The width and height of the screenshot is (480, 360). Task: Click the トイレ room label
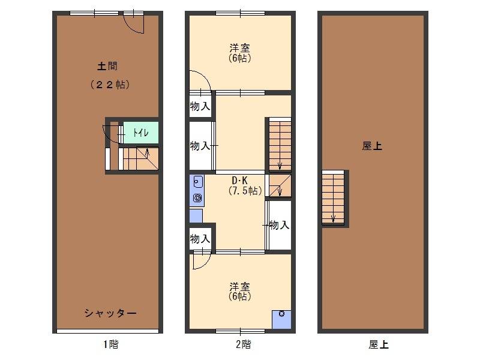[141, 133]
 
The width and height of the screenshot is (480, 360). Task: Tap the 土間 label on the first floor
[107, 66]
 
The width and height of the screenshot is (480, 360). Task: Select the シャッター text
[110, 313]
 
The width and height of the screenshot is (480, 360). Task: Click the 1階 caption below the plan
[110, 344]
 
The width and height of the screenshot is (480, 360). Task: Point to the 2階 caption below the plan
[243, 344]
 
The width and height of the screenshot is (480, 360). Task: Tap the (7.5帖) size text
[245, 191]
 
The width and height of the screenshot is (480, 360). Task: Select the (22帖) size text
[110, 84]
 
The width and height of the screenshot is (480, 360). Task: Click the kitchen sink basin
[198, 182]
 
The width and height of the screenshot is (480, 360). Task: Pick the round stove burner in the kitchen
[197, 198]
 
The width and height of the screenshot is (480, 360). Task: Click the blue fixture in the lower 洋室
[281, 320]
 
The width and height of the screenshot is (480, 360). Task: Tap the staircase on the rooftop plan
[333, 198]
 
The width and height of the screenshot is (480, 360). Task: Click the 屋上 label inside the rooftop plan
[372, 146]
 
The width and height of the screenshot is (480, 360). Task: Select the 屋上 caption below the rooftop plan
[379, 344]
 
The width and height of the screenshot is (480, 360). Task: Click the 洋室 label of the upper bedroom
[239, 48]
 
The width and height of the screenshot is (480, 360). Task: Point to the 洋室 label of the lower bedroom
[239, 287]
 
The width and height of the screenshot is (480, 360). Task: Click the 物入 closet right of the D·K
[279, 225]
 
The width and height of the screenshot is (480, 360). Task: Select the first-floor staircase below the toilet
[139, 158]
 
